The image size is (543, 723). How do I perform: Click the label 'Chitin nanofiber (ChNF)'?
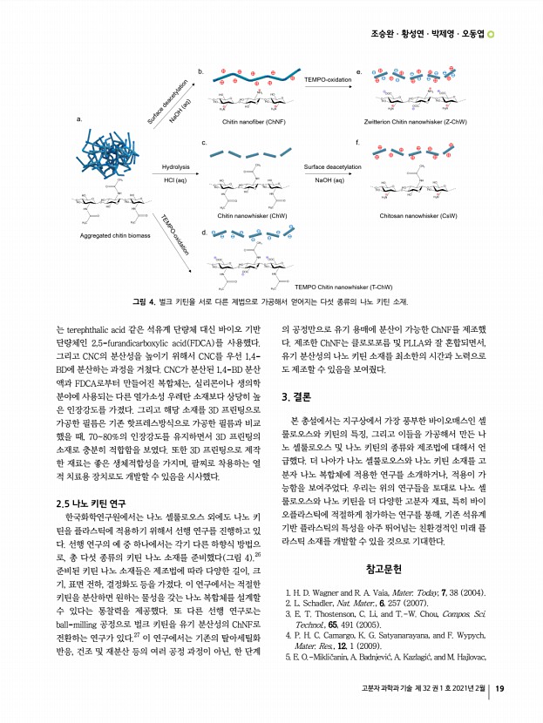[254, 122]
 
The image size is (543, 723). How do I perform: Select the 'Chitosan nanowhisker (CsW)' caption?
[418, 214]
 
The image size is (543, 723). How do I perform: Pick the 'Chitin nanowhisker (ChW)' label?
[253, 214]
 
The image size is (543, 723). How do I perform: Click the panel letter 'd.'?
[203, 232]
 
